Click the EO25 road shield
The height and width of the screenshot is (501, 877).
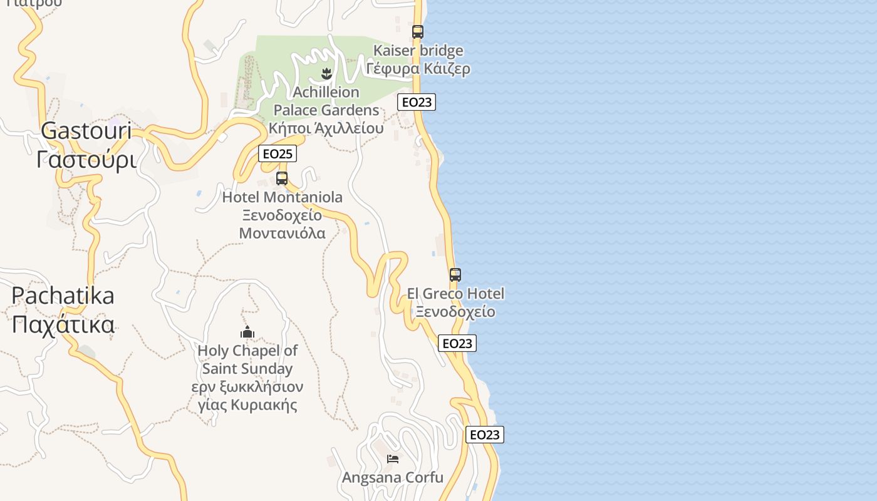pos(277,154)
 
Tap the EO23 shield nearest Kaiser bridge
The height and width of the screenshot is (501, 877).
pos(417,102)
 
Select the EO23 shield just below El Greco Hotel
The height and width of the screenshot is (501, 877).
pos(457,343)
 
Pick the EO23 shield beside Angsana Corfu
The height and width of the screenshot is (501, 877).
pos(485,435)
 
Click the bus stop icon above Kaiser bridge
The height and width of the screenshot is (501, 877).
pos(417,32)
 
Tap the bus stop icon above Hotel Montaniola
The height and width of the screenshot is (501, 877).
pos(282,178)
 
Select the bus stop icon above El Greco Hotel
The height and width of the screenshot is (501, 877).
pos(455,275)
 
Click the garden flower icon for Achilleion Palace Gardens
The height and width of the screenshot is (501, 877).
pos(326,74)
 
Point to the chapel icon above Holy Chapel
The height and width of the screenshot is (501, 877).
pos(247,332)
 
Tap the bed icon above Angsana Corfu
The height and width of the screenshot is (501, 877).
pos(393,459)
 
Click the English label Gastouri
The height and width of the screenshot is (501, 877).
pos(86,131)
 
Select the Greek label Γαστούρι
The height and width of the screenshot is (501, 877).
pos(86,160)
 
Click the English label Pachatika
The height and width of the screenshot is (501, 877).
pos(63,296)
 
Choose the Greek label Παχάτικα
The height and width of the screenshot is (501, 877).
pos(63,325)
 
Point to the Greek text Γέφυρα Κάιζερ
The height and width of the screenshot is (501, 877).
pos(418,69)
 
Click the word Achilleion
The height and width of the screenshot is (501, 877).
pos(326,93)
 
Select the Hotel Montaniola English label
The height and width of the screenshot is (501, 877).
pos(283,198)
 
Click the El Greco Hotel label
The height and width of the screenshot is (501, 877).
pos(455,294)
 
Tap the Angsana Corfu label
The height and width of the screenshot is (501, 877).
pos(393,478)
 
